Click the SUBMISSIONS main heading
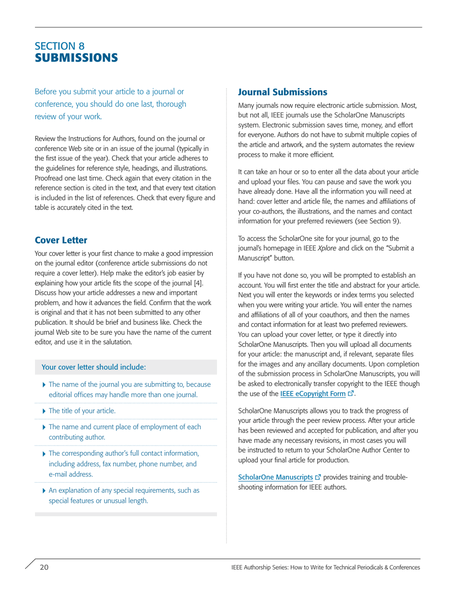76,58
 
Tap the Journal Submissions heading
283,91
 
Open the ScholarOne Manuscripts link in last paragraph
275,477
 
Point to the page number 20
44,567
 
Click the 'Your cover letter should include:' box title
94,367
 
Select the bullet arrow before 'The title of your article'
45,411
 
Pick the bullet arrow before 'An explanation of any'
45,491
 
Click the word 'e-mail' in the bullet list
60,474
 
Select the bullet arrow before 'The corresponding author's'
45,453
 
